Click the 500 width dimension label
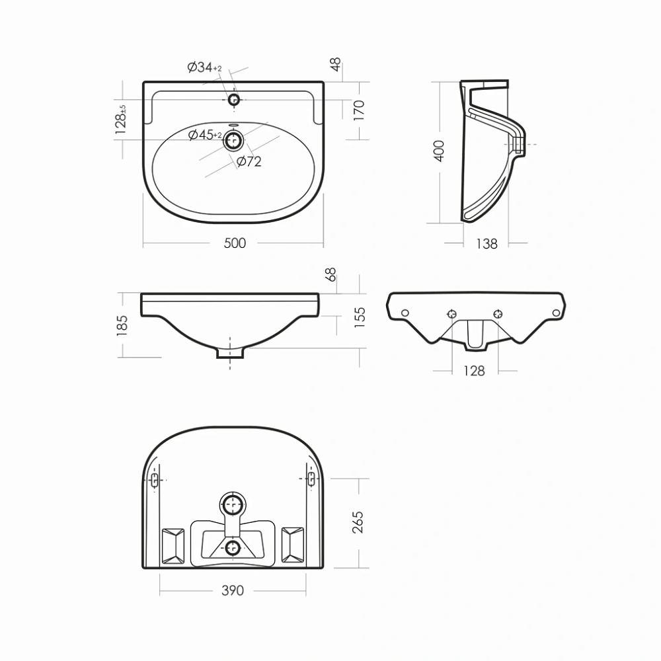pyautogui.click(x=234, y=243)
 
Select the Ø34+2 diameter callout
pyautogui.click(x=204, y=67)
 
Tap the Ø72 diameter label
pyautogui.click(x=249, y=162)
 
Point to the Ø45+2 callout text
pyautogui.click(x=205, y=136)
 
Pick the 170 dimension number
pyautogui.click(x=359, y=111)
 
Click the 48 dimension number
pyautogui.click(x=336, y=65)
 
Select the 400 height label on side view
pyautogui.click(x=439, y=151)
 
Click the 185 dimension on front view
pyautogui.click(x=122, y=325)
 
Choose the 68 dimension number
pyautogui.click(x=331, y=274)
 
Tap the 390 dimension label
pyautogui.click(x=233, y=590)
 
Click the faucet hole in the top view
pyautogui.click(x=233, y=100)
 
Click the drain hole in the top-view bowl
pyautogui.click(x=233, y=141)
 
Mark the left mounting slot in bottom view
pyautogui.click(x=155, y=480)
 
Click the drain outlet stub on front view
pyautogui.click(x=229, y=352)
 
